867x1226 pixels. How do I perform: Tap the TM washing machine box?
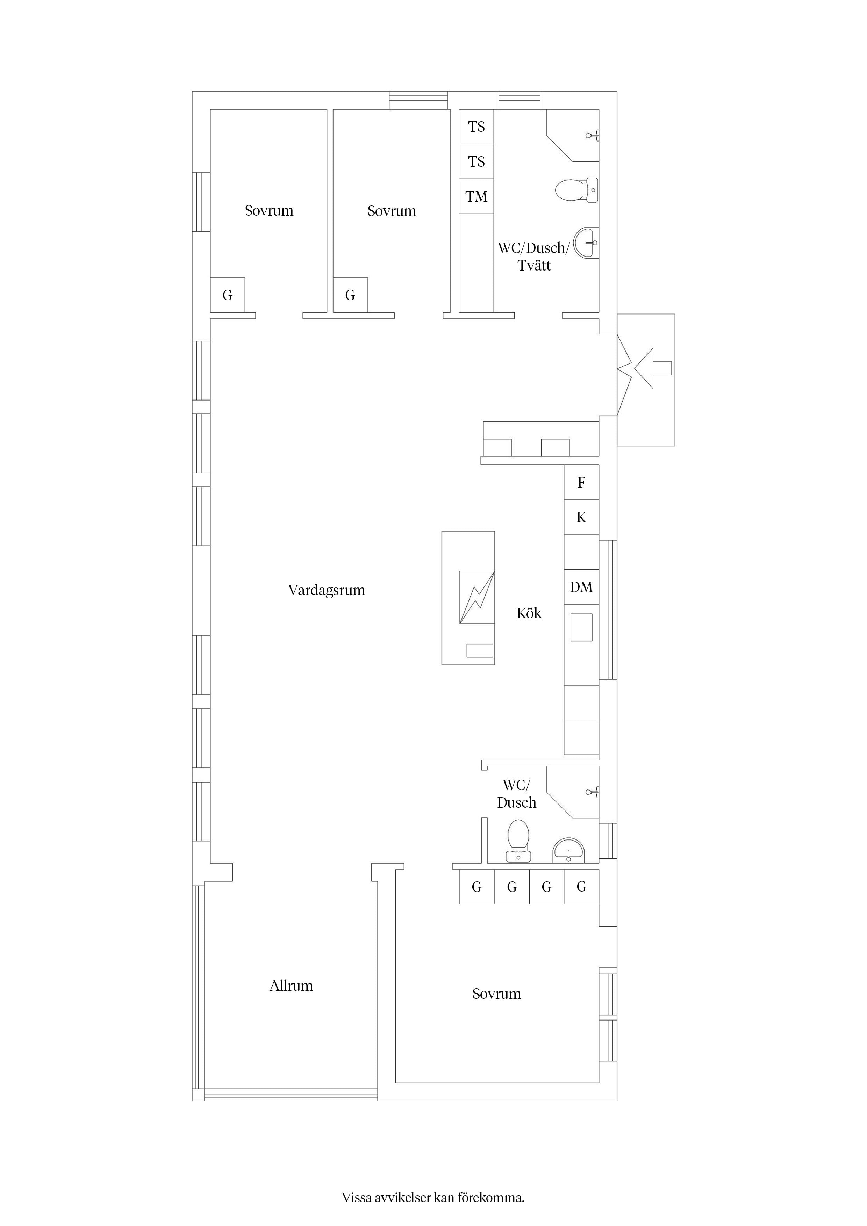coord(477,196)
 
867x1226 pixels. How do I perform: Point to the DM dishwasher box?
coord(582,587)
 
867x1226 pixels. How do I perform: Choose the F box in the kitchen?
coord(582,482)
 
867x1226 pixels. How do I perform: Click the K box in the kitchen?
coord(582,517)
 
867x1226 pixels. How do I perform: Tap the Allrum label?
coord(291,985)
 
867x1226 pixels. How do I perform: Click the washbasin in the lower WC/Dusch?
coord(568,851)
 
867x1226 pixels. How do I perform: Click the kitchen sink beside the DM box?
coord(582,627)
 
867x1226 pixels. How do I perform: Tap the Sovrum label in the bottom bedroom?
coord(496,994)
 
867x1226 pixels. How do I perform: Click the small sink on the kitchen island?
coord(480,650)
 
